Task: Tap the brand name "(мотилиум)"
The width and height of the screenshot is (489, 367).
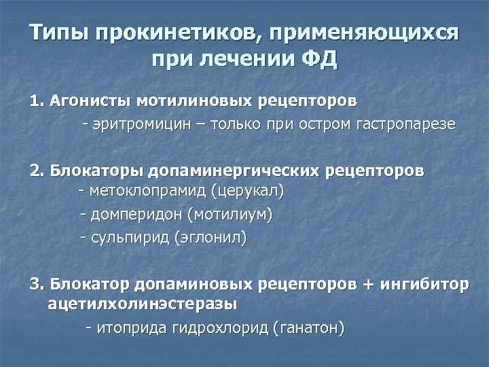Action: (x=233, y=215)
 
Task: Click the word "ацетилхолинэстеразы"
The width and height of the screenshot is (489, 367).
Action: (x=143, y=303)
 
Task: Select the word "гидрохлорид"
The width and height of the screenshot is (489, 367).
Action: (x=217, y=328)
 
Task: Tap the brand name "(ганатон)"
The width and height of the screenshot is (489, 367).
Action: (x=308, y=328)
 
